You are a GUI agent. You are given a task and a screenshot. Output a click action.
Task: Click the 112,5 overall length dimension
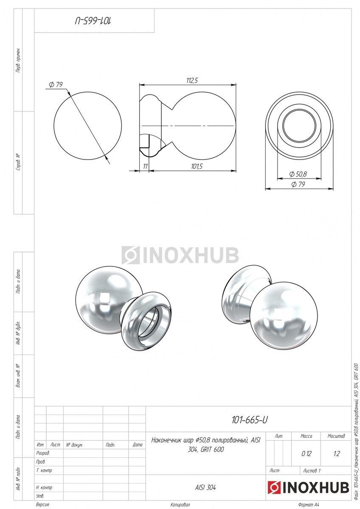coord(192,80)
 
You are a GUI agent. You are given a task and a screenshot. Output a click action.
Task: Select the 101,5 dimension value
coord(197,167)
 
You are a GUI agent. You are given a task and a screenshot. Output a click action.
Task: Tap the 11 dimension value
coord(145,166)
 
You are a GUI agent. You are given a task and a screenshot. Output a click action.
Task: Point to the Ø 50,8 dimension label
coord(298,174)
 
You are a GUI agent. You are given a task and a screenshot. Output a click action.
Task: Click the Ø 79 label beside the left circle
coord(56,84)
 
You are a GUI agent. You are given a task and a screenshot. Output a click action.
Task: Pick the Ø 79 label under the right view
coord(298,184)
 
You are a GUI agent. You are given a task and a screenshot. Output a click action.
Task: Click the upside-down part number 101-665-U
coord(93,21)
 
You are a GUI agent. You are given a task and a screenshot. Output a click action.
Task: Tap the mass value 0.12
coord(306,454)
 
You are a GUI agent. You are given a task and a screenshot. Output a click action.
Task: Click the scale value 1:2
coord(337,454)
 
